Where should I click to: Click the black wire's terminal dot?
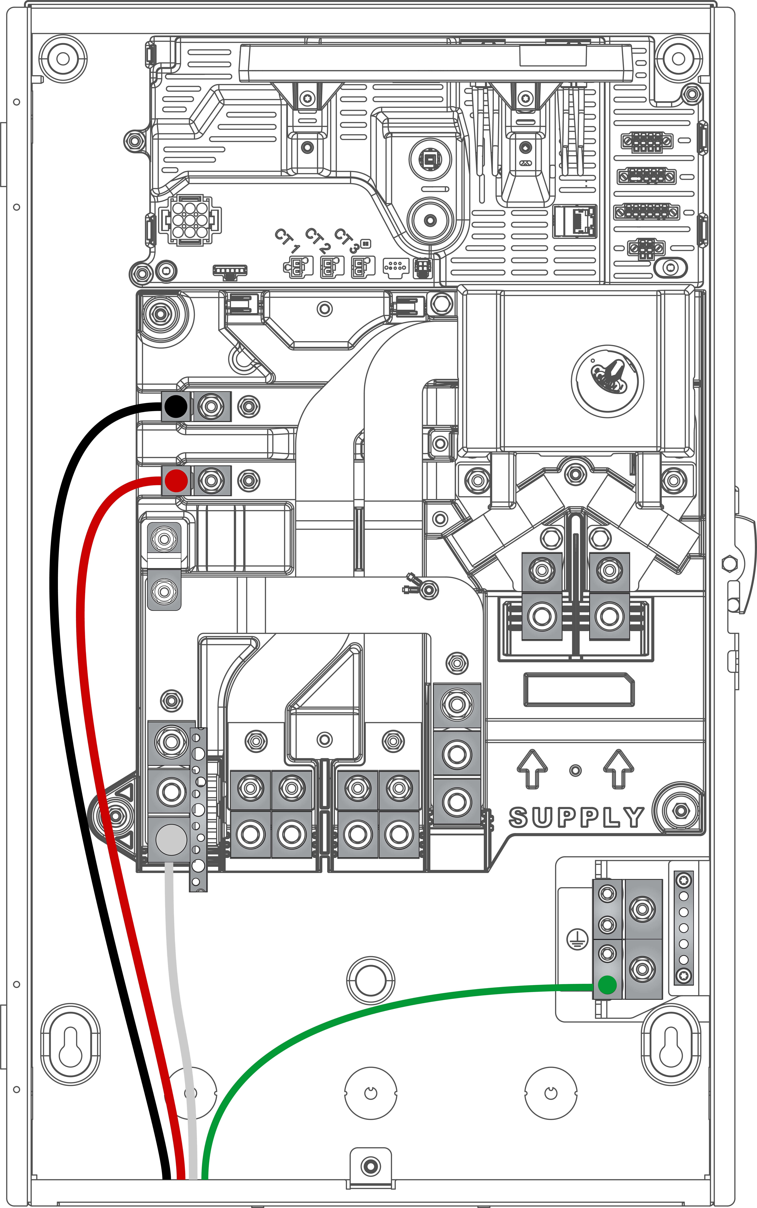click(175, 406)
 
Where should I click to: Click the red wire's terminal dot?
click(176, 481)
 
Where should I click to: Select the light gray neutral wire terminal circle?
click(171, 839)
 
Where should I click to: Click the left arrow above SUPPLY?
click(532, 769)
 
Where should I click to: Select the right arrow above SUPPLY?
click(619, 769)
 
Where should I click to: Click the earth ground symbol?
click(577, 939)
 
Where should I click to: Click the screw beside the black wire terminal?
click(211, 406)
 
